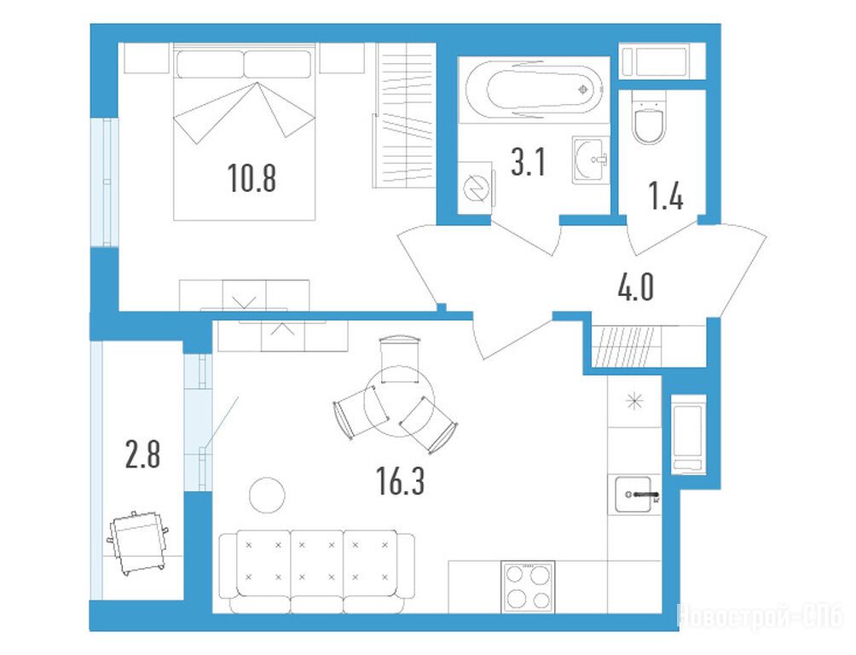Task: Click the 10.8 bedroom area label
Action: pos(252,177)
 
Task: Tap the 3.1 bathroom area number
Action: pos(529,162)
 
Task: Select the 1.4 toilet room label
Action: pos(666,197)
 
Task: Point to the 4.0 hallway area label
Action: pos(636,287)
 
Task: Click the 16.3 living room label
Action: pos(400,481)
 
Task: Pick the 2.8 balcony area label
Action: pos(142,455)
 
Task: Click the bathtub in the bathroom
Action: pos(534,89)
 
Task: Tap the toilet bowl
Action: pos(649,118)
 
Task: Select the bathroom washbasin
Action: pos(591,159)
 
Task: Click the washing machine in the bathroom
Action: pos(476,188)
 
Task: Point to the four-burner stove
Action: pos(528,587)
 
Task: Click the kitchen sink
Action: pos(635,495)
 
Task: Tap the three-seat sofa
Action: pos(316,572)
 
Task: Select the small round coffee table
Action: pos(267,495)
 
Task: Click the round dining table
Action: pos(399,401)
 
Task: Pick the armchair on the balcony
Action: pos(138,542)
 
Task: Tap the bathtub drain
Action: pos(583,90)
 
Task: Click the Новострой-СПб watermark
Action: pos(760,617)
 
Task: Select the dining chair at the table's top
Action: pos(400,360)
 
